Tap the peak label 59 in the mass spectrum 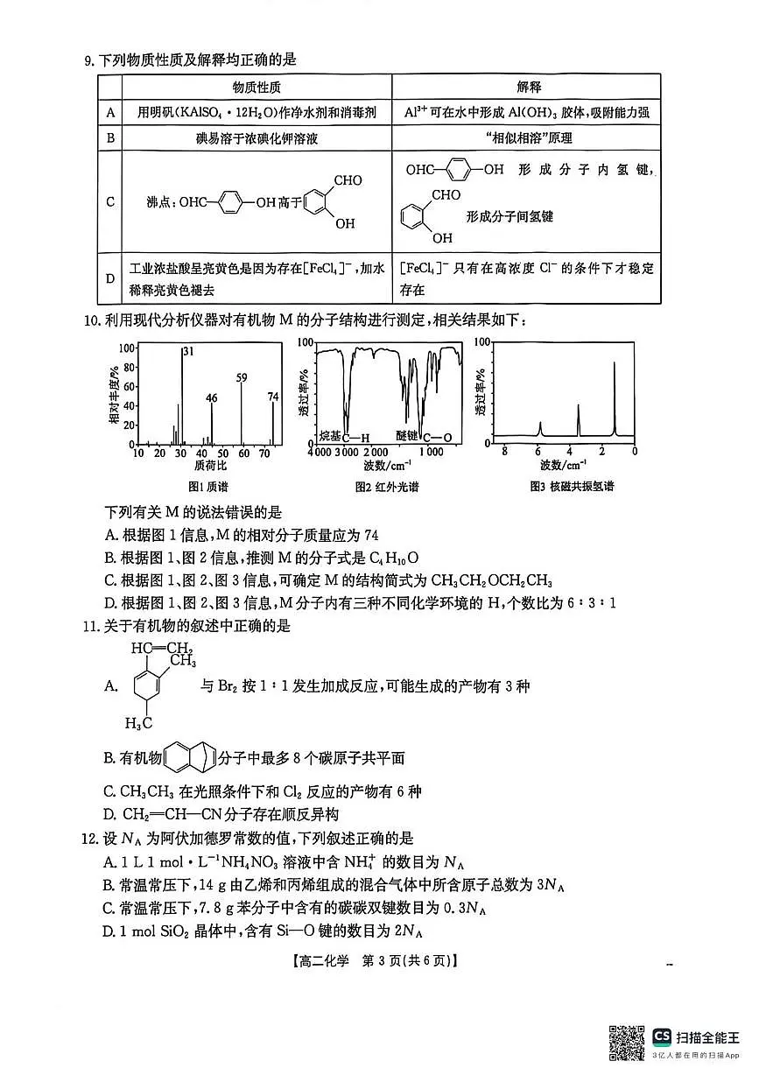click(x=242, y=377)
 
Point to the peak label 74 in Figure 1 click(x=273, y=397)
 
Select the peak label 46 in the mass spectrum click(x=212, y=398)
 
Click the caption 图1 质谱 click(x=207, y=487)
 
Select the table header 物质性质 click(x=257, y=88)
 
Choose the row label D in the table click(x=110, y=278)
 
